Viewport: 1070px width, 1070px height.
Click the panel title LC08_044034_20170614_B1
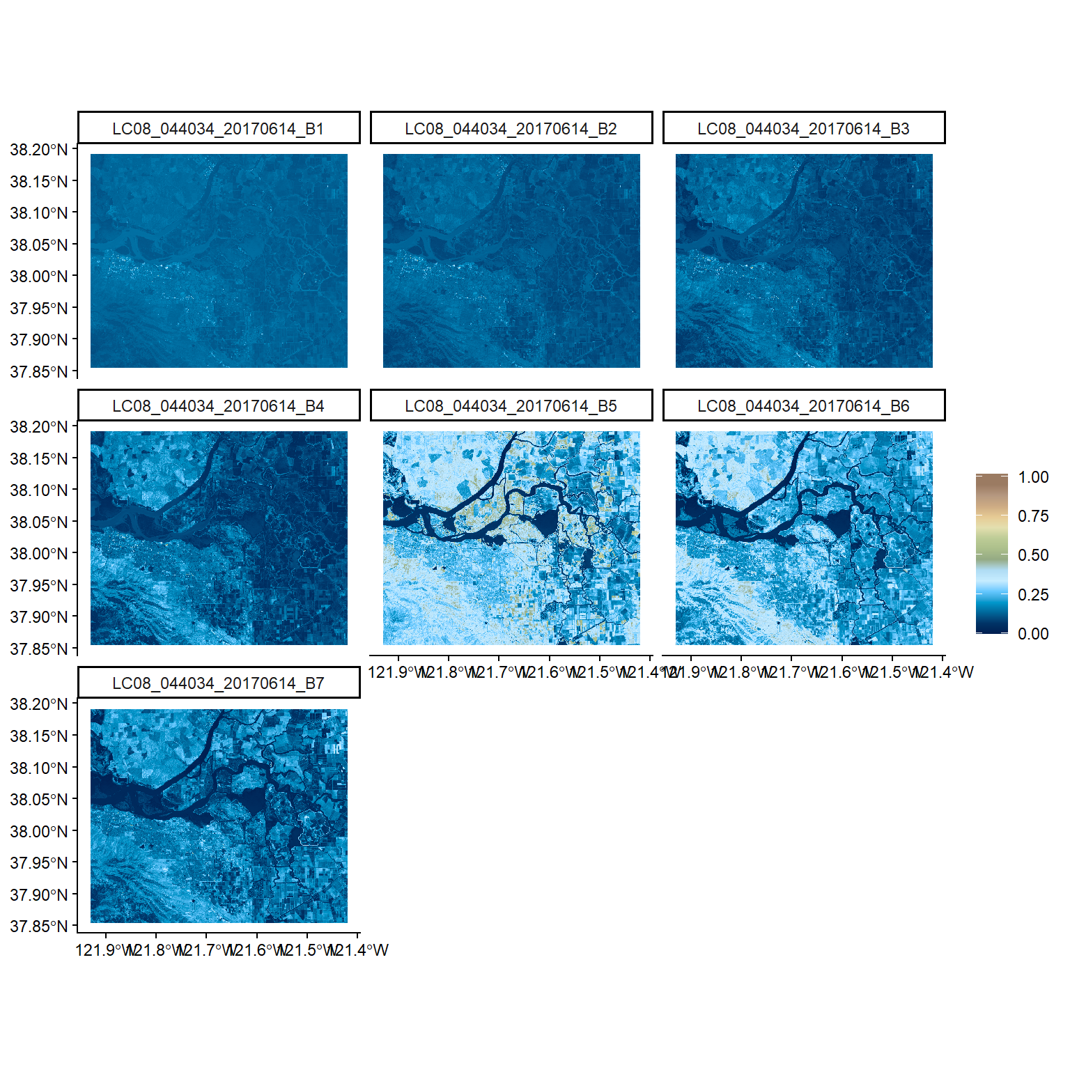coord(218,129)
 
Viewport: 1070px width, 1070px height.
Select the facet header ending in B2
coord(511,129)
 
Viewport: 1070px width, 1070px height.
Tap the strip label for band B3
coord(803,129)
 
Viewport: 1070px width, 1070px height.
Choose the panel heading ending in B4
coord(218,406)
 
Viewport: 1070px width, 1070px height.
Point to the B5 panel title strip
coord(511,406)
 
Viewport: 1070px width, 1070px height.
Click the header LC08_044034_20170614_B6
coord(803,406)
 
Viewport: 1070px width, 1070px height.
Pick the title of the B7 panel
coord(218,683)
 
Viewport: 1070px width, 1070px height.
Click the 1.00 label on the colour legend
coord(1033,477)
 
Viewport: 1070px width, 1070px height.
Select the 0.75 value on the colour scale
coord(1033,516)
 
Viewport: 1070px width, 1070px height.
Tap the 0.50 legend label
coord(1033,555)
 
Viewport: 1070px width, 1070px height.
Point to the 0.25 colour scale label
coord(1033,595)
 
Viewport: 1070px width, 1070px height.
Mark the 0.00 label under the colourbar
coord(1033,634)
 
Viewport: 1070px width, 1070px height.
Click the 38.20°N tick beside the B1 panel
coord(39,150)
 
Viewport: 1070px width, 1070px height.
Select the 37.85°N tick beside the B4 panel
coord(39,649)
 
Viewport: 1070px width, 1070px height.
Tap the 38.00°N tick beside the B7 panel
coord(39,831)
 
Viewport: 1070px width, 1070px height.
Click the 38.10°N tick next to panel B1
coord(39,213)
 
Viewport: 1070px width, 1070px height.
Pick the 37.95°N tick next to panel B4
coord(39,585)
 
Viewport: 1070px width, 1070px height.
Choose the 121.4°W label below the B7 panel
coord(362,950)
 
